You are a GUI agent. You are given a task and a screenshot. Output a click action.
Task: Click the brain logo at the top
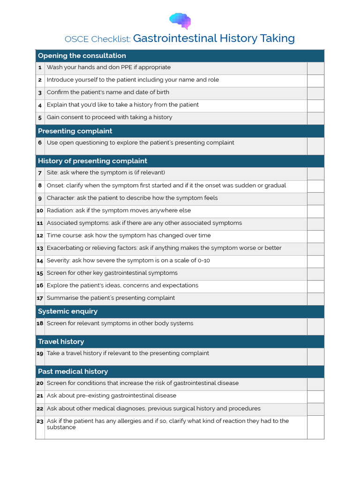[x=180, y=21]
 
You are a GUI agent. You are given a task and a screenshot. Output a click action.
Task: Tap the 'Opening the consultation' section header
[x=82, y=56]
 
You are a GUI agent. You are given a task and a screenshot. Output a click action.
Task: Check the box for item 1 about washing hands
[x=315, y=68]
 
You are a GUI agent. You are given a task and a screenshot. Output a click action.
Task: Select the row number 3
[x=40, y=93]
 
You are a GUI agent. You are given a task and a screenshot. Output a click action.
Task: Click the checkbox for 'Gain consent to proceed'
[x=315, y=118]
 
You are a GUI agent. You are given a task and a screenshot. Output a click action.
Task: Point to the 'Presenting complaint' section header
[x=75, y=131]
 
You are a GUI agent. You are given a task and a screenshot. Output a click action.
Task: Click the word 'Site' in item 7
[x=52, y=172]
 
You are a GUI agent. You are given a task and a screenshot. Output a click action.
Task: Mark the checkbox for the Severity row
[x=315, y=261]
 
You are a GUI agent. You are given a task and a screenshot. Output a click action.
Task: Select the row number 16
[x=40, y=285]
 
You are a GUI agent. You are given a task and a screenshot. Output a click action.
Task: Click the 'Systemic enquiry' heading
[x=67, y=311]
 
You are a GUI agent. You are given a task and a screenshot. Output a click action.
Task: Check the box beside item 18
[x=315, y=326]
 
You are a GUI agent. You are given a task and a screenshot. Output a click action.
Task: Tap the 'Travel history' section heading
[x=61, y=341]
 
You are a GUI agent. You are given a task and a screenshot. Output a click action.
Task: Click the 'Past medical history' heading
[x=73, y=371]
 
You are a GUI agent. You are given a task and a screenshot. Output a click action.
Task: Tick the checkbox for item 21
[x=315, y=397]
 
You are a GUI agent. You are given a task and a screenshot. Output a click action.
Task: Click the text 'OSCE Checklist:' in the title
[x=97, y=39]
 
